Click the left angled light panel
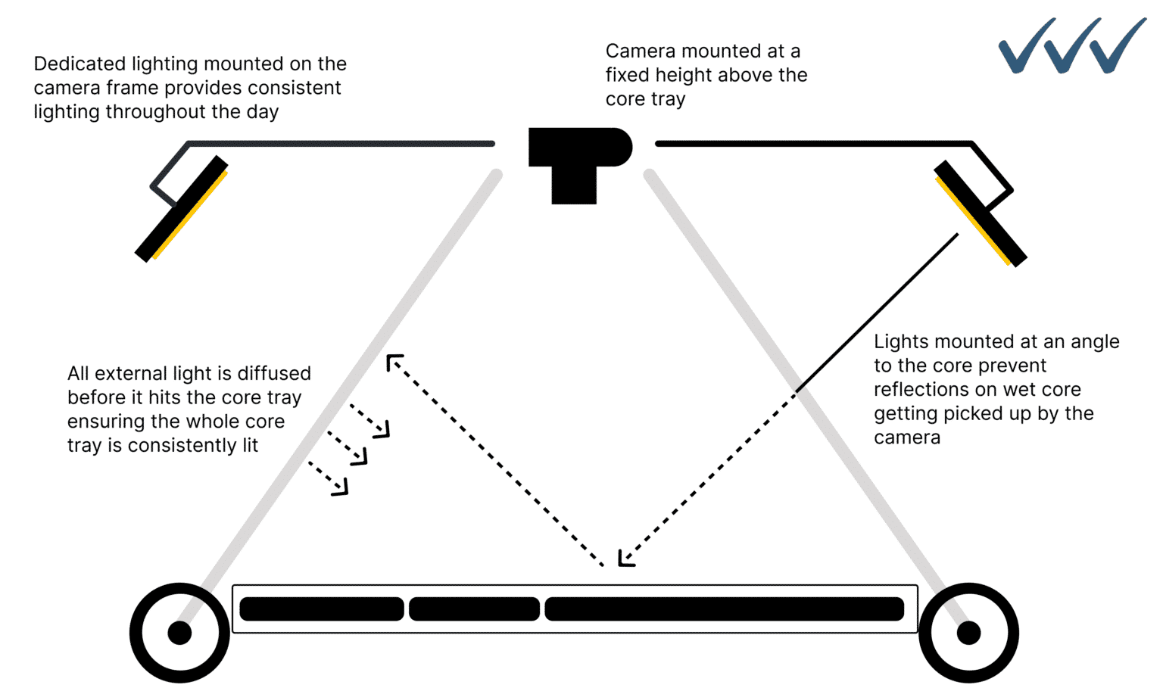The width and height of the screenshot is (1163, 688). tap(182, 209)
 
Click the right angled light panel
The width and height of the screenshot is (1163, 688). tap(980, 213)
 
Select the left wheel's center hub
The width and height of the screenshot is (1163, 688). tap(179, 632)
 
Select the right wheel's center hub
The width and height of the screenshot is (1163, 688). tap(968, 632)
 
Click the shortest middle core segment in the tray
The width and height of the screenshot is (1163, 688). tap(474, 609)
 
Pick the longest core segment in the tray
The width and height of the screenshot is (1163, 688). tap(724, 609)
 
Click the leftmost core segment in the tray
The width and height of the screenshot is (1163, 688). tap(322, 609)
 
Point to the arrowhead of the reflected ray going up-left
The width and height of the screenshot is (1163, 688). tap(394, 362)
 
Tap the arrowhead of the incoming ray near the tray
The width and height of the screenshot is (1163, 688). tap(625, 559)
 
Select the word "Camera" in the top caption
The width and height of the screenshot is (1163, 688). tap(640, 51)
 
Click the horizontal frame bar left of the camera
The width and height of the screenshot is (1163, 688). tap(341, 143)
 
